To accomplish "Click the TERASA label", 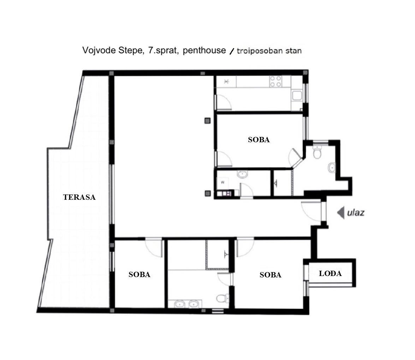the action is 79,197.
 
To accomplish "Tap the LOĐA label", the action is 330,273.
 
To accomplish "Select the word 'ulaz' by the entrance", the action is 356,212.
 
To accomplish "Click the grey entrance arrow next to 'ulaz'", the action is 340,212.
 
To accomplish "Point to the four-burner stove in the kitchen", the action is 275,82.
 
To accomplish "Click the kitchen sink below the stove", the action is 297,96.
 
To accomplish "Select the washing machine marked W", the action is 223,182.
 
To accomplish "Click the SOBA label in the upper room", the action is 259,140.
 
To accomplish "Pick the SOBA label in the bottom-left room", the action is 139,275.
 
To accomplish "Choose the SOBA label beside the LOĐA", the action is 270,275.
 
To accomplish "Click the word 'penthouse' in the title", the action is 204,50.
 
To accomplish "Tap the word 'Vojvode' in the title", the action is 99,50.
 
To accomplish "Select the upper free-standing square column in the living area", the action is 208,121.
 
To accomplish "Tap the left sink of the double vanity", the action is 179,304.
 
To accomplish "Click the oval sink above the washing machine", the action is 242,174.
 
